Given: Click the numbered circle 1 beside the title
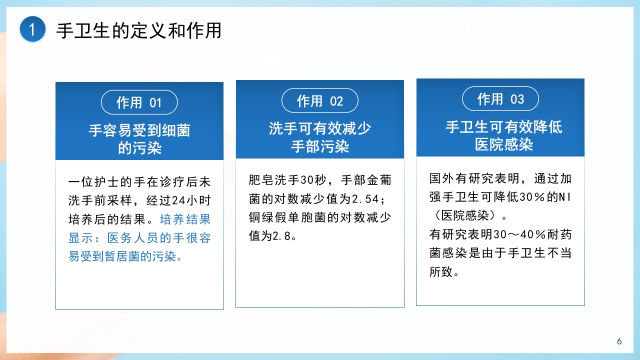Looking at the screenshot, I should (x=32, y=30).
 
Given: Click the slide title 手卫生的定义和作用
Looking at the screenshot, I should (x=138, y=31).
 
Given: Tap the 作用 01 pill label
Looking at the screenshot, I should (x=139, y=102).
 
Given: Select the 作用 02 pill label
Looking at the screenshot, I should (x=320, y=101).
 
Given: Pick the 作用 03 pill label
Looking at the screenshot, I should (x=500, y=99).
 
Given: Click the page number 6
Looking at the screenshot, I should (x=619, y=341).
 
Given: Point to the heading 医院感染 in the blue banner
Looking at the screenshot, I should (x=504, y=144).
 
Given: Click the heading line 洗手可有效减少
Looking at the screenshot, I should (x=320, y=128).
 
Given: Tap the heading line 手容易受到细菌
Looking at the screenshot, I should (x=139, y=130).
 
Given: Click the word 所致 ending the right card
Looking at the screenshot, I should (x=441, y=272).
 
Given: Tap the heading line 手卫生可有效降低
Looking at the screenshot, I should (x=504, y=126).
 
